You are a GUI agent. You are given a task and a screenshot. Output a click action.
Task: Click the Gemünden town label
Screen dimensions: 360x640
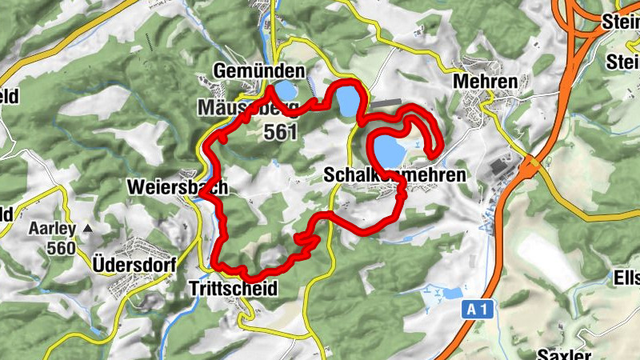click(259, 72)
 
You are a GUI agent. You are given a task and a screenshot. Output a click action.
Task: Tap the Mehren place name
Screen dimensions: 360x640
click(486, 81)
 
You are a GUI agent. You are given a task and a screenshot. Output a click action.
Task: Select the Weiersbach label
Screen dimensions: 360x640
click(177, 187)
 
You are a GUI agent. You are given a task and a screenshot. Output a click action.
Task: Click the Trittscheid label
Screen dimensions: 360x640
click(233, 289)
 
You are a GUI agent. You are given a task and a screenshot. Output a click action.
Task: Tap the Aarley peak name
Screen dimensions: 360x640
click(52, 229)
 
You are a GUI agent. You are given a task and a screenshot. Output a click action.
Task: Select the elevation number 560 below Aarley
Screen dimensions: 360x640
click(61, 248)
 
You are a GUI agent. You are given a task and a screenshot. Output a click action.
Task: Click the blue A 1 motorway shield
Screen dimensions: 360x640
click(477, 308)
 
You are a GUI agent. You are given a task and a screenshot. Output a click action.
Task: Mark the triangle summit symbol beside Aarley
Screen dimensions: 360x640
click(87, 229)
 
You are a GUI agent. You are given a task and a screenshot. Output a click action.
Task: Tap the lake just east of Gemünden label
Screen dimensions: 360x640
click(347, 101)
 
